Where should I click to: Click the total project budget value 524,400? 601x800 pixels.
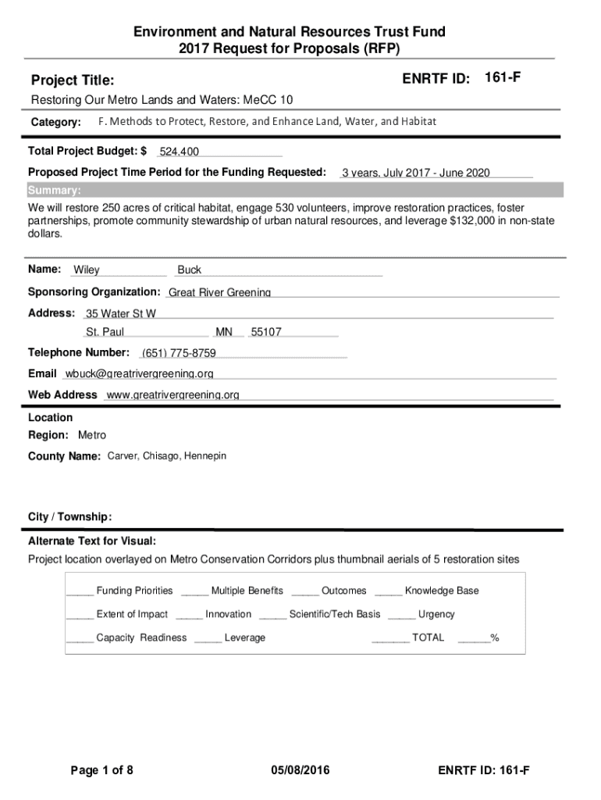pos(180,152)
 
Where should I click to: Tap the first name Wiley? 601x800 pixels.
pos(87,270)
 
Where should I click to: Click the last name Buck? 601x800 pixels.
pos(190,270)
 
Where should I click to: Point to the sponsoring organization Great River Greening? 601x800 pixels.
pos(220,293)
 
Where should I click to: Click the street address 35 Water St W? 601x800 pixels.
pos(121,314)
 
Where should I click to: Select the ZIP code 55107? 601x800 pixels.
pos(266,333)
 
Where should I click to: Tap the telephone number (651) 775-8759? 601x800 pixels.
pos(179,354)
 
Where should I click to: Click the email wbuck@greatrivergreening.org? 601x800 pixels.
pos(140,374)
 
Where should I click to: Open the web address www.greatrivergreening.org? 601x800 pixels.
pos(172,395)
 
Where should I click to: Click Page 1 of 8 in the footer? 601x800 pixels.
pos(102,771)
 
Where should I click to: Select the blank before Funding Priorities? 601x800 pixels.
pos(80,591)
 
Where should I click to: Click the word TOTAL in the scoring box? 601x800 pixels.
pos(428,637)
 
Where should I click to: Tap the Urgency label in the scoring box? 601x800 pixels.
pos(436,614)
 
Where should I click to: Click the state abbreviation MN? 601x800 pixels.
pos(225,333)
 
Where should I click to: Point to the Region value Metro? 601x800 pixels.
pos(92,435)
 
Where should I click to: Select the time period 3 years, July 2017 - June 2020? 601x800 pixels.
pos(416,173)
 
